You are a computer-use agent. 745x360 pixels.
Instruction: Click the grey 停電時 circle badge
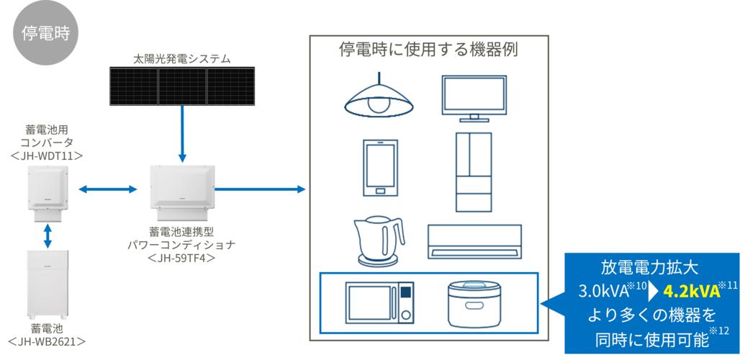[x=45, y=33]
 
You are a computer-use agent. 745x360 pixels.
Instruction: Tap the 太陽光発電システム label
[x=181, y=60]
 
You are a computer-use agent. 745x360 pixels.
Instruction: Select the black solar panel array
[x=182, y=86]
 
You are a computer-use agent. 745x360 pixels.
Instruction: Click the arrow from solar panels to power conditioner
[x=182, y=133]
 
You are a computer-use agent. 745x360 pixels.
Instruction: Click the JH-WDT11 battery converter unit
[x=48, y=193]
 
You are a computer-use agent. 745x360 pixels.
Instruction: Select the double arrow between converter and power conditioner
[x=107, y=189]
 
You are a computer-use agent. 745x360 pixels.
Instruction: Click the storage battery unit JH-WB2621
[x=48, y=285]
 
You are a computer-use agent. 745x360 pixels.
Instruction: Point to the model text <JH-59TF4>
[x=182, y=258]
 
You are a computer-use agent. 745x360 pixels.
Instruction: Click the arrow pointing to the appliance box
[x=260, y=189]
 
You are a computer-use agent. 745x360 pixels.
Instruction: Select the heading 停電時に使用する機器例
[x=428, y=50]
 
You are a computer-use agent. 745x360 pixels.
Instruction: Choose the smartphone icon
[x=380, y=168]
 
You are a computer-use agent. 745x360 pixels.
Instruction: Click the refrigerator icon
[x=474, y=171]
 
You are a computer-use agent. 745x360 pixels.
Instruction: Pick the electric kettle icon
[x=379, y=241]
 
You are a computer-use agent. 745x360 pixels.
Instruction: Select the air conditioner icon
[x=474, y=242]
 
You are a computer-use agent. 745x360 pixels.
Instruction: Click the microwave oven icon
[x=379, y=302]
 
